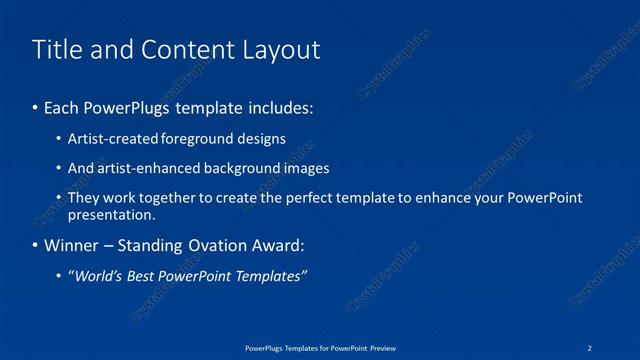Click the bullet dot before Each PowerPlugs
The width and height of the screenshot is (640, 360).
tap(36, 106)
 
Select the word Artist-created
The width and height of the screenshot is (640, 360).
tap(109, 139)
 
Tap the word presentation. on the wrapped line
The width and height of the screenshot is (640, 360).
tap(112, 214)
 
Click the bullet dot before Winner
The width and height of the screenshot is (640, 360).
tap(36, 245)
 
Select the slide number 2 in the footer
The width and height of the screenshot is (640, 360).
tap(590, 347)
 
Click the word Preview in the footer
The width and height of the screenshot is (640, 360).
tap(381, 347)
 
